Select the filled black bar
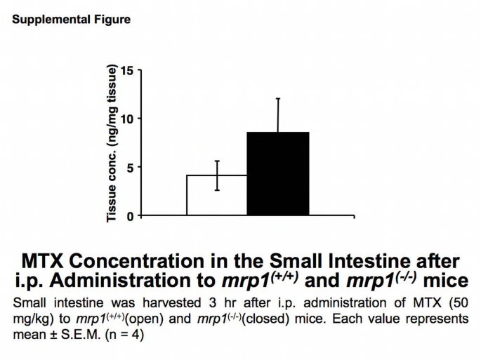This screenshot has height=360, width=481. pyautogui.click(x=278, y=173)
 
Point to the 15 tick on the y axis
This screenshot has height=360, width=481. pyautogui.click(x=126, y=70)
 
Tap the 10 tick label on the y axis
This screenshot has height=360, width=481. pyautogui.click(x=126, y=119)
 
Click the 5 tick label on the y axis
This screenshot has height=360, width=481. pyautogui.click(x=129, y=167)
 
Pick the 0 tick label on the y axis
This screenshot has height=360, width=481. pyautogui.click(x=129, y=215)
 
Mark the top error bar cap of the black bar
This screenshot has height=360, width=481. pyautogui.click(x=278, y=98)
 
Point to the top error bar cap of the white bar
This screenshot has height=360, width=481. pyautogui.click(x=217, y=161)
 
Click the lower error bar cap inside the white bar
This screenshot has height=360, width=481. pyautogui.click(x=217, y=190)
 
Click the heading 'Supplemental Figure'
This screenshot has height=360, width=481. pyautogui.click(x=71, y=20)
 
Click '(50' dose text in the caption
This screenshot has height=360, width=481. pyautogui.click(x=456, y=303)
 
